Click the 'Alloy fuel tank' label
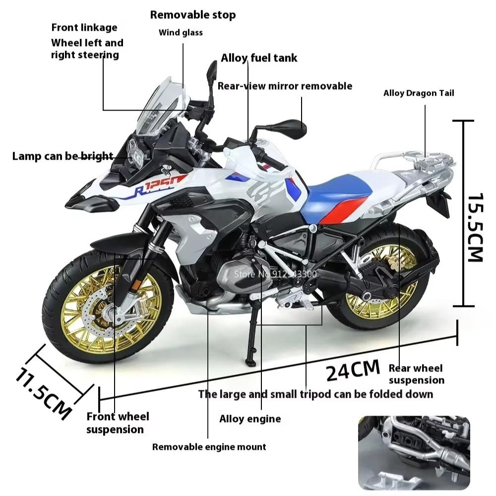(x=259, y=58)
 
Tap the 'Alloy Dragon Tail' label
(x=419, y=93)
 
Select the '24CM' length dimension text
(x=353, y=370)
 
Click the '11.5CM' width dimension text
(x=44, y=394)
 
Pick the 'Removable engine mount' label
(x=209, y=447)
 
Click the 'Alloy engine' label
(x=250, y=419)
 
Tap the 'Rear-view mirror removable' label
(x=285, y=86)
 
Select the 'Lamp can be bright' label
(x=62, y=157)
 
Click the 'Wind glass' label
(x=181, y=33)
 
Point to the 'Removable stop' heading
(x=193, y=15)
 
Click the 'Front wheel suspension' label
(x=118, y=423)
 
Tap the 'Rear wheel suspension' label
(x=416, y=374)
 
